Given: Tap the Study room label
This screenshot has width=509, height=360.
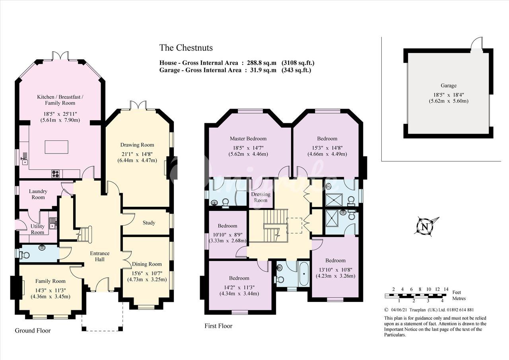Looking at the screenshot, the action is click(x=149, y=222).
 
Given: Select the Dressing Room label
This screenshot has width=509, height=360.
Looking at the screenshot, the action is click(x=260, y=197).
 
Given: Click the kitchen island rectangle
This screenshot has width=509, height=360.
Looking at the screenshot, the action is click(x=56, y=147).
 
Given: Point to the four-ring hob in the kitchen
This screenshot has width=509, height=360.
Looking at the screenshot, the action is click(x=56, y=174).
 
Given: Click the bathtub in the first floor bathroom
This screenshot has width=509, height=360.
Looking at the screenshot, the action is click(x=303, y=274).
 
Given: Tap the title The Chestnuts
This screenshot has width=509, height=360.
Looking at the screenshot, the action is click(x=186, y=48).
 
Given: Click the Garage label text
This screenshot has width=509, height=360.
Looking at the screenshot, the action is click(x=449, y=86).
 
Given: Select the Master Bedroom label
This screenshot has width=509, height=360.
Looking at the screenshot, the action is click(x=248, y=138).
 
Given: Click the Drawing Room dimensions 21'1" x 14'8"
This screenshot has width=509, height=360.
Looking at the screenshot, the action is click(x=137, y=154).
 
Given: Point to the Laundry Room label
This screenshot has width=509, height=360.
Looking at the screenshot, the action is click(x=38, y=194).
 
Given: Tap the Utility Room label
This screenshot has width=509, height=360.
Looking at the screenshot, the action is click(x=37, y=229).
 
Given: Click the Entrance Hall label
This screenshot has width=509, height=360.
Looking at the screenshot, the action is click(x=99, y=256).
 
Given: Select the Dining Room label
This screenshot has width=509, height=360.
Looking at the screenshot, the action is click(x=147, y=264).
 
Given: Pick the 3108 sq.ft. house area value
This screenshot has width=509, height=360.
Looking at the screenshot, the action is click(x=298, y=63).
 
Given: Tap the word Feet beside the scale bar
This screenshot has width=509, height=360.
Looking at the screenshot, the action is click(x=457, y=292).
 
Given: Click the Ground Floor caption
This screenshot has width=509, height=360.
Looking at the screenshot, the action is click(x=33, y=331).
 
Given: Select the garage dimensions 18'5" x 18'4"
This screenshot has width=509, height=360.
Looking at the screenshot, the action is click(x=449, y=95).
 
